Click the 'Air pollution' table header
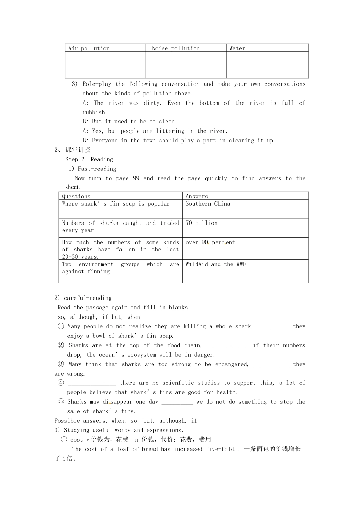[89, 48]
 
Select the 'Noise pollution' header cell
[175, 48]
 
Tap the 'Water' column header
[237, 48]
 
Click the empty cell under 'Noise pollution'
[186, 65]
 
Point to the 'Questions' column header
[76, 196]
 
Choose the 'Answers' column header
[197, 196]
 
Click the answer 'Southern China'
[208, 204]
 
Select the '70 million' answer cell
[202, 223]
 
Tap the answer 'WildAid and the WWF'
[216, 264]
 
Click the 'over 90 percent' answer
[210, 242]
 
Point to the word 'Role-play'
[97, 84]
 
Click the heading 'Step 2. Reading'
[89, 159]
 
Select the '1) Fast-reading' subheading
[92, 169]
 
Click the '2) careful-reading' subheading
[83, 298]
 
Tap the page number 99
[136, 178]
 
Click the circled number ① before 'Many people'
[61, 326]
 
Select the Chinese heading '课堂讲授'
[78, 150]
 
